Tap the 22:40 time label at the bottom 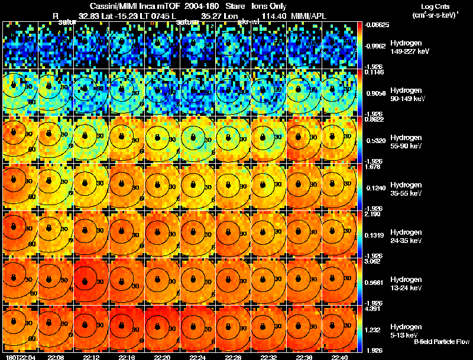[x=339, y=357]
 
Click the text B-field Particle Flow [x=441, y=342]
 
